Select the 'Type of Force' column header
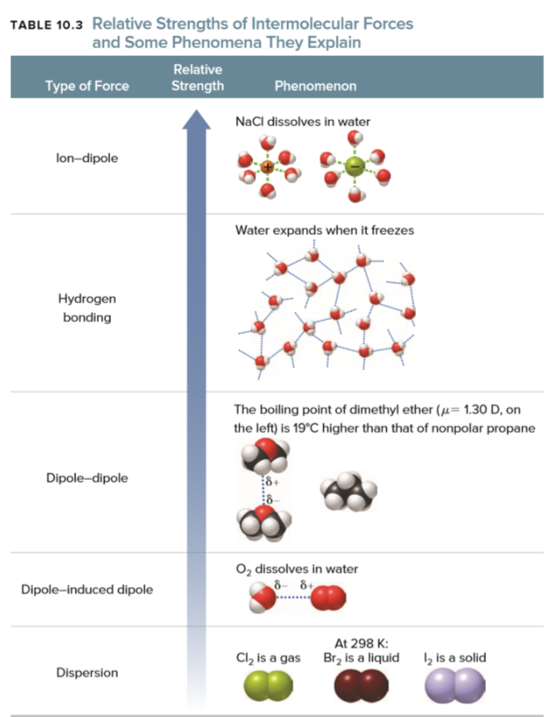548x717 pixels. coord(86,86)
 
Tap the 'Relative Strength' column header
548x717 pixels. coord(197,78)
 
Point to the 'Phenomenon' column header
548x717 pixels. coord(315,86)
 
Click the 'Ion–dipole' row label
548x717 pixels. coord(87,158)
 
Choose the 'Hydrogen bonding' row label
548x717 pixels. coord(87,308)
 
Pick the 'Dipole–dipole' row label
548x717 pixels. coord(87,477)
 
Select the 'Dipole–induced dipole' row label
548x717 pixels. coord(87,589)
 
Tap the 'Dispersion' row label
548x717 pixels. coord(87,673)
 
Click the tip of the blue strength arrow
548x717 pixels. coord(197,112)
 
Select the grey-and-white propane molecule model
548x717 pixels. coord(348,491)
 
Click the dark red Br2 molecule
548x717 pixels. coord(361,686)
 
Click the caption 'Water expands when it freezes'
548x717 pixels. coord(324,231)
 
